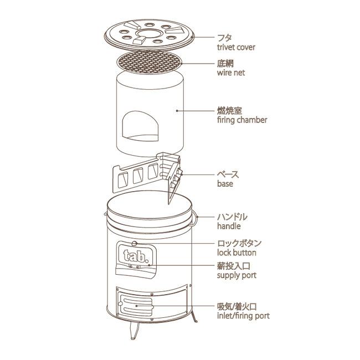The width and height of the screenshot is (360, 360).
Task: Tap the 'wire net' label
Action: [230, 73]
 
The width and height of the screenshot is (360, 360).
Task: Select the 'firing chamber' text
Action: [242, 120]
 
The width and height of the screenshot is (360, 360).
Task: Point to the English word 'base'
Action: [225, 183]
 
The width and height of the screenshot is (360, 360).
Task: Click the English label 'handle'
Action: [229, 227]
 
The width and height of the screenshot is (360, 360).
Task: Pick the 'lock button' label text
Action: [236, 253]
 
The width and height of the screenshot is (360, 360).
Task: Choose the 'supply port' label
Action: [236, 275]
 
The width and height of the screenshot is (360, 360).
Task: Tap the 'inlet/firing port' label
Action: [243, 316]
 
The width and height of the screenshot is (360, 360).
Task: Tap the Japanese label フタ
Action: [225, 38]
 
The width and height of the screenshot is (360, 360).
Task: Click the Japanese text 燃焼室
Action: [230, 110]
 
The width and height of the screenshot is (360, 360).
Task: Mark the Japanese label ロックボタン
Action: [239, 243]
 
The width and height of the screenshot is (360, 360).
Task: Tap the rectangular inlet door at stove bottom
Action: [136, 304]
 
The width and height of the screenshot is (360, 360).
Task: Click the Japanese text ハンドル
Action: [232, 217]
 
